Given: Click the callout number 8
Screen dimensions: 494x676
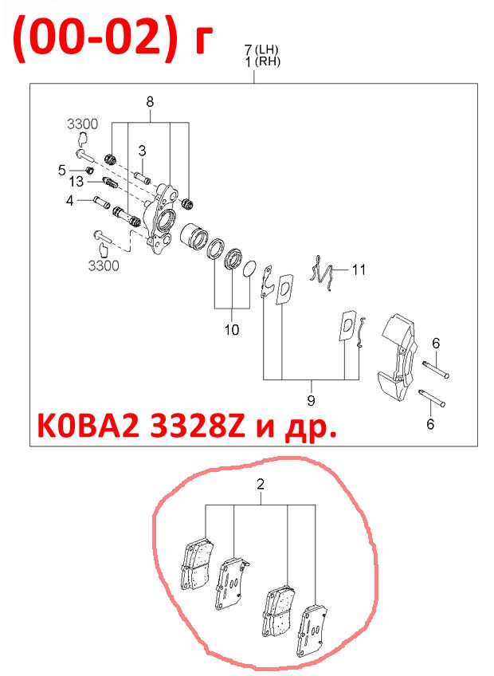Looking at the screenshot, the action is (150, 102).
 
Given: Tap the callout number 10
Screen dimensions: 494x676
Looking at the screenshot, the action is (232, 330).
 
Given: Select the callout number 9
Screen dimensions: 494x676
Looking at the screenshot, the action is (311, 400).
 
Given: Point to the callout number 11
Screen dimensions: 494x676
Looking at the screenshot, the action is (359, 270).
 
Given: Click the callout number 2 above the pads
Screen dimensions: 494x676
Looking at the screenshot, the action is (260, 484).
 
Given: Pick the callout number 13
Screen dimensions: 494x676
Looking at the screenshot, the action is (76, 182).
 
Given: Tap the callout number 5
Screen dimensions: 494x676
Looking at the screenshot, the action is (62, 171).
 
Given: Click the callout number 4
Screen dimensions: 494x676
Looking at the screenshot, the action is (70, 200).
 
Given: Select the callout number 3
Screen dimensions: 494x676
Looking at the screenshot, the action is (143, 151).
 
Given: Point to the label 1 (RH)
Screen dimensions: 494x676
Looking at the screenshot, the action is (263, 61).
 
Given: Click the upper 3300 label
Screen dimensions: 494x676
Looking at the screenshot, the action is (82, 124).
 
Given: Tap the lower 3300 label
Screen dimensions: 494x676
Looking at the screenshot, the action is (104, 265).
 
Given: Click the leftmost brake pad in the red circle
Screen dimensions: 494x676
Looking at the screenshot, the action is (196, 565).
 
